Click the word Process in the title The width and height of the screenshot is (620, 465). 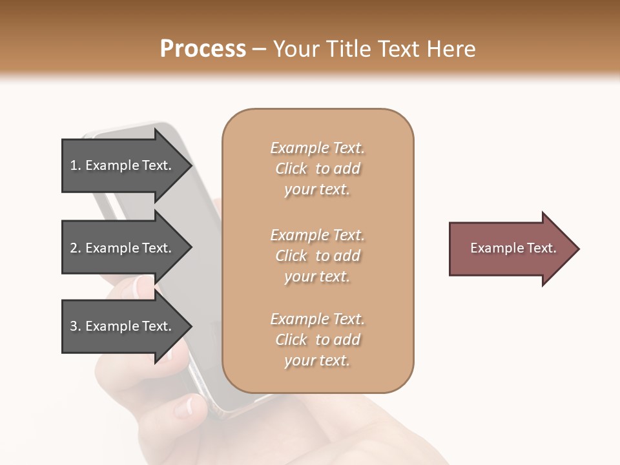click(x=203, y=49)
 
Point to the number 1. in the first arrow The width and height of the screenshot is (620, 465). click(x=76, y=165)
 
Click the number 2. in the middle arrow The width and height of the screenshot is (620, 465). click(x=76, y=248)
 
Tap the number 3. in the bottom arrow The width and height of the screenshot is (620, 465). click(x=76, y=326)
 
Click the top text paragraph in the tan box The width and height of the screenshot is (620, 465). click(x=317, y=169)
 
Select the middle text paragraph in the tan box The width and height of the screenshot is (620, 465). click(x=317, y=256)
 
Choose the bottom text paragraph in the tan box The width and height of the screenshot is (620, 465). click(x=317, y=340)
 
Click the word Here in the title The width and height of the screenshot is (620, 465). click(x=452, y=49)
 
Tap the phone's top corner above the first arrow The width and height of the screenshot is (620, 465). click(x=97, y=132)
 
